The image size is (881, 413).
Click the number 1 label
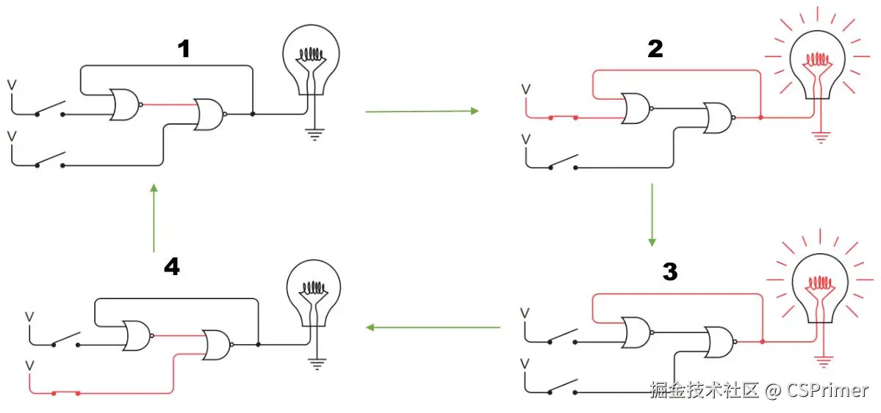(x=184, y=49)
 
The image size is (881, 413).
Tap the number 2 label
(x=654, y=49)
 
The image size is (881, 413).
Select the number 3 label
(x=669, y=271)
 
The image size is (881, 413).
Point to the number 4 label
(x=171, y=267)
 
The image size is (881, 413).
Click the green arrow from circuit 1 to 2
(x=422, y=112)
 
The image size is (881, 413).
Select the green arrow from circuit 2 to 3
(x=652, y=215)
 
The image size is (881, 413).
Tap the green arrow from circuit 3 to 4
(x=434, y=326)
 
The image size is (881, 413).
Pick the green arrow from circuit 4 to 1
(x=153, y=218)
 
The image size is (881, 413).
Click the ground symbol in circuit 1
(x=314, y=134)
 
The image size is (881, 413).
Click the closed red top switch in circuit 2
(x=563, y=117)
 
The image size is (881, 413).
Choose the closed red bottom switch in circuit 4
(x=65, y=393)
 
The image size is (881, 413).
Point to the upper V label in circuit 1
(x=11, y=85)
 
